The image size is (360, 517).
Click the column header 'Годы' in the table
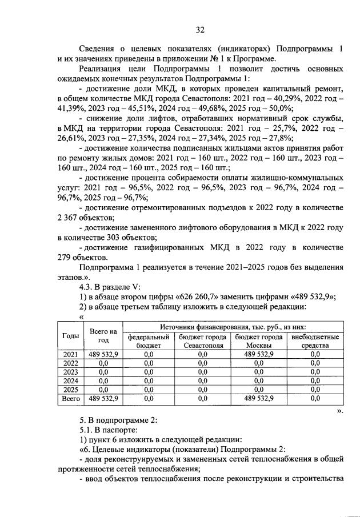(x=70, y=336)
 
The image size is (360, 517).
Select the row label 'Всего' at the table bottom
(x=70, y=398)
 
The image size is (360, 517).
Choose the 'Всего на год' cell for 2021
(x=103, y=354)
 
